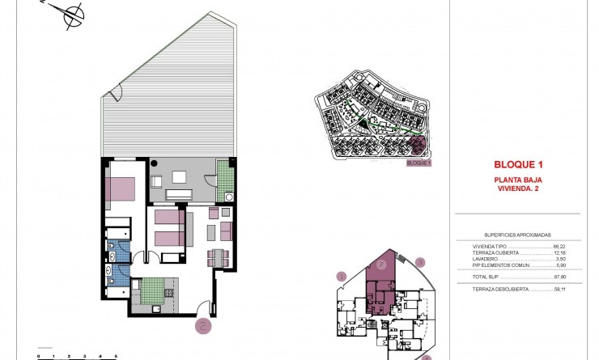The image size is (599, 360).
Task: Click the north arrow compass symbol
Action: [x=73, y=14]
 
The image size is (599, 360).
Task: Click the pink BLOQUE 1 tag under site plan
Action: [x=418, y=163]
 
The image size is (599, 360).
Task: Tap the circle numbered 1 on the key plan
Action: [x=342, y=277]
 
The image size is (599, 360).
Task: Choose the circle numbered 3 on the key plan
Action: [x=420, y=261]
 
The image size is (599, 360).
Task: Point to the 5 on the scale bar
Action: [x=116, y=355]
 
